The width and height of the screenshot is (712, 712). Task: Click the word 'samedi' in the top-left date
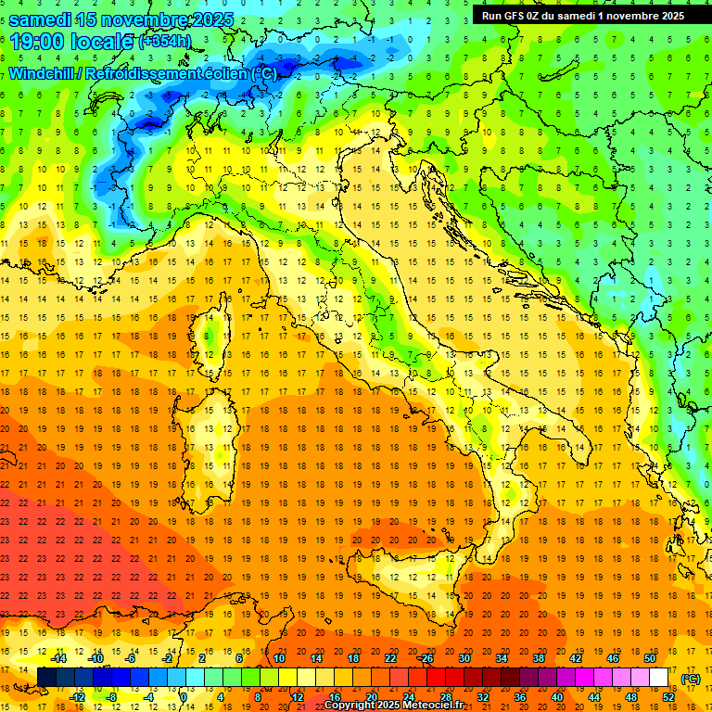pos(42,19)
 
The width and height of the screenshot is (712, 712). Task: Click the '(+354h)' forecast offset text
pos(165,41)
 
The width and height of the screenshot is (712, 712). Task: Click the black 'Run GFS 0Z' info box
pos(582,15)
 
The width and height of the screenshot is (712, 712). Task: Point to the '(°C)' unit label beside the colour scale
pos(691,679)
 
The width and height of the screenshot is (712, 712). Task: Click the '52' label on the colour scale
pos(668,696)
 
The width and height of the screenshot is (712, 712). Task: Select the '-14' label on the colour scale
pos(58,658)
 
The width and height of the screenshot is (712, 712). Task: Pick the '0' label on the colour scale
pos(184,696)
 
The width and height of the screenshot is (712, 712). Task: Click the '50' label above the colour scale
pos(649,658)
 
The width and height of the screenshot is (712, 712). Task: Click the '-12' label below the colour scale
pos(77,696)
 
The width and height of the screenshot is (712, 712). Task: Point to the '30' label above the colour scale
pos(464,658)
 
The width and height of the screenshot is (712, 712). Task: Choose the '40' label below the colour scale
pos(556,696)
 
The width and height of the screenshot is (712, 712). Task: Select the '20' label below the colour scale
pos(371,696)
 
